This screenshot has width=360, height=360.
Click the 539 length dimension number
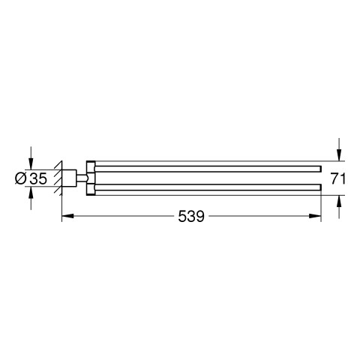pos(191,216)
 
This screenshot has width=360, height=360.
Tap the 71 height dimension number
pos(338,178)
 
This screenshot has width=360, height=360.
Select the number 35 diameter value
pos(38,178)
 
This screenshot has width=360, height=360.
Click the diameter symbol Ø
pos(21,178)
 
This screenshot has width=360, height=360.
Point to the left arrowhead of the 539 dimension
pos(67,216)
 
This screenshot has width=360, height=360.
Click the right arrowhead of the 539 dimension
pos(315,216)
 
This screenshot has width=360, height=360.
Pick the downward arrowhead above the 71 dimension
pos(339,155)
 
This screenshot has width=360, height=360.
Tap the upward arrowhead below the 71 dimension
pos(339,201)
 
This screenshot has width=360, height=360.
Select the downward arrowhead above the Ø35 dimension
pos(31,163)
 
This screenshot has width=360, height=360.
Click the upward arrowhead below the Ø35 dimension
pos(31,193)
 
